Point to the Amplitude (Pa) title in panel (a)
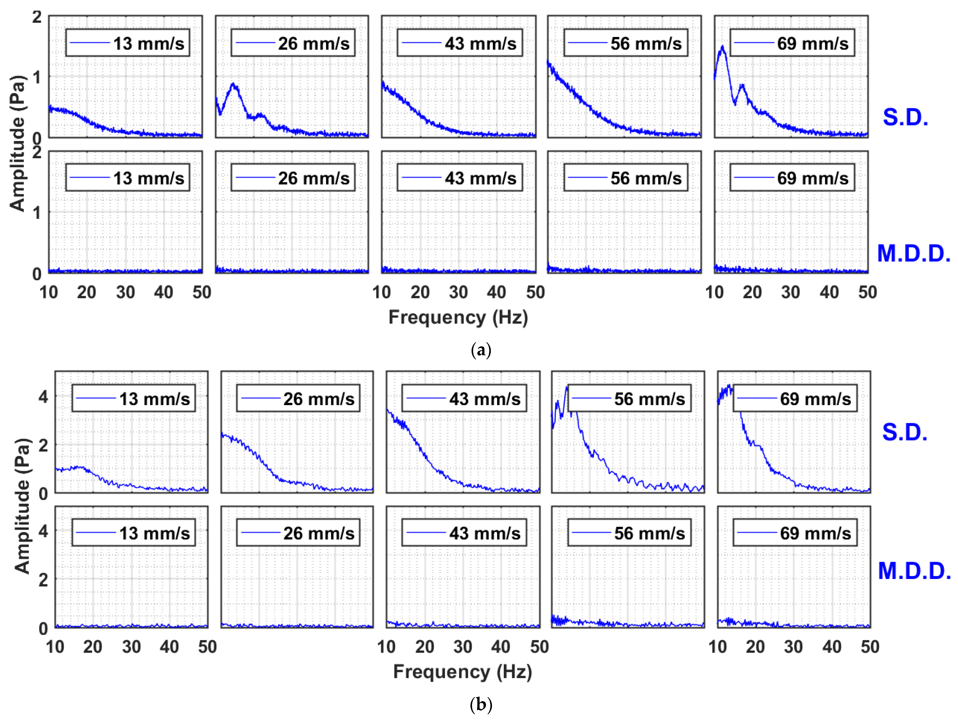tap(17, 143)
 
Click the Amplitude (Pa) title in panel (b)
tap(23, 506)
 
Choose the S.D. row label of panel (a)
tap(905, 117)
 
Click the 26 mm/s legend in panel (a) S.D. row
tap(293, 43)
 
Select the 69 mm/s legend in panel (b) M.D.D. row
tap(795, 533)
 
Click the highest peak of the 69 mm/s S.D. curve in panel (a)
tap(722, 47)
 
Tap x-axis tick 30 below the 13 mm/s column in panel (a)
tap(125, 292)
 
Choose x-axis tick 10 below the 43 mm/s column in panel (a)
tap(381, 292)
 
